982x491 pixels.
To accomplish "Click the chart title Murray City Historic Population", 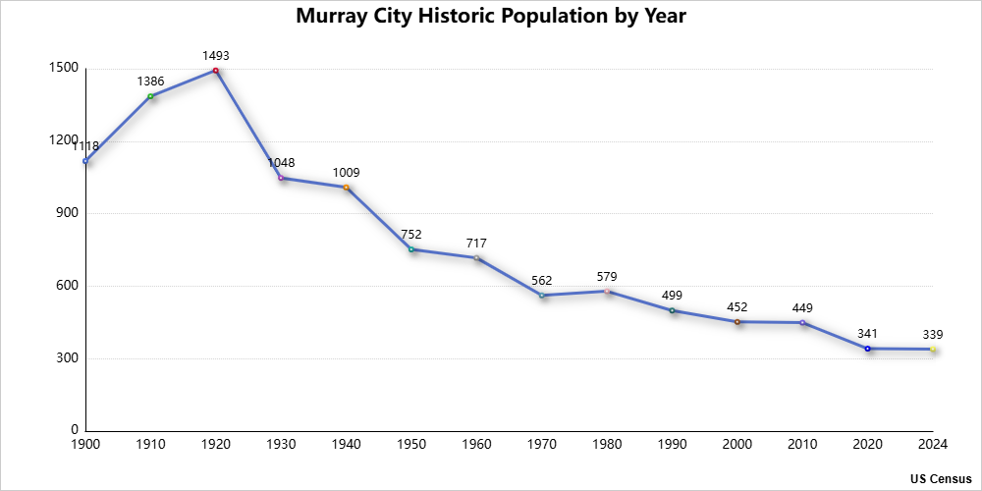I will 491,17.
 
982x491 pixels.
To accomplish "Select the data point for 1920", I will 216,71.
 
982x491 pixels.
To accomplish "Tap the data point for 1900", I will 85,161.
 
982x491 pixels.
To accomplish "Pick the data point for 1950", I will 411,249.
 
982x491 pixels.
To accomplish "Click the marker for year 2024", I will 933,350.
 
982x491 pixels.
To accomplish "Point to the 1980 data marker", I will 607,292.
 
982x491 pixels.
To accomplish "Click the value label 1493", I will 216,56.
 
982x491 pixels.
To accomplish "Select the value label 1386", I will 150,82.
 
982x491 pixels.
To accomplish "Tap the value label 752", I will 411,235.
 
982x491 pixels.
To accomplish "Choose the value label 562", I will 542,281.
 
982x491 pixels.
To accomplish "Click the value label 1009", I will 346,173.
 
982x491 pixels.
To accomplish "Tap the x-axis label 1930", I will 281,445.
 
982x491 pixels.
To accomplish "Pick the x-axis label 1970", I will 542,445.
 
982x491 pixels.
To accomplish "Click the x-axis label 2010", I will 802,445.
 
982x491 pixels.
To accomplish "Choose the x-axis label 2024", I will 933,445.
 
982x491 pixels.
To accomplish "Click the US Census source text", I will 941,478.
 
